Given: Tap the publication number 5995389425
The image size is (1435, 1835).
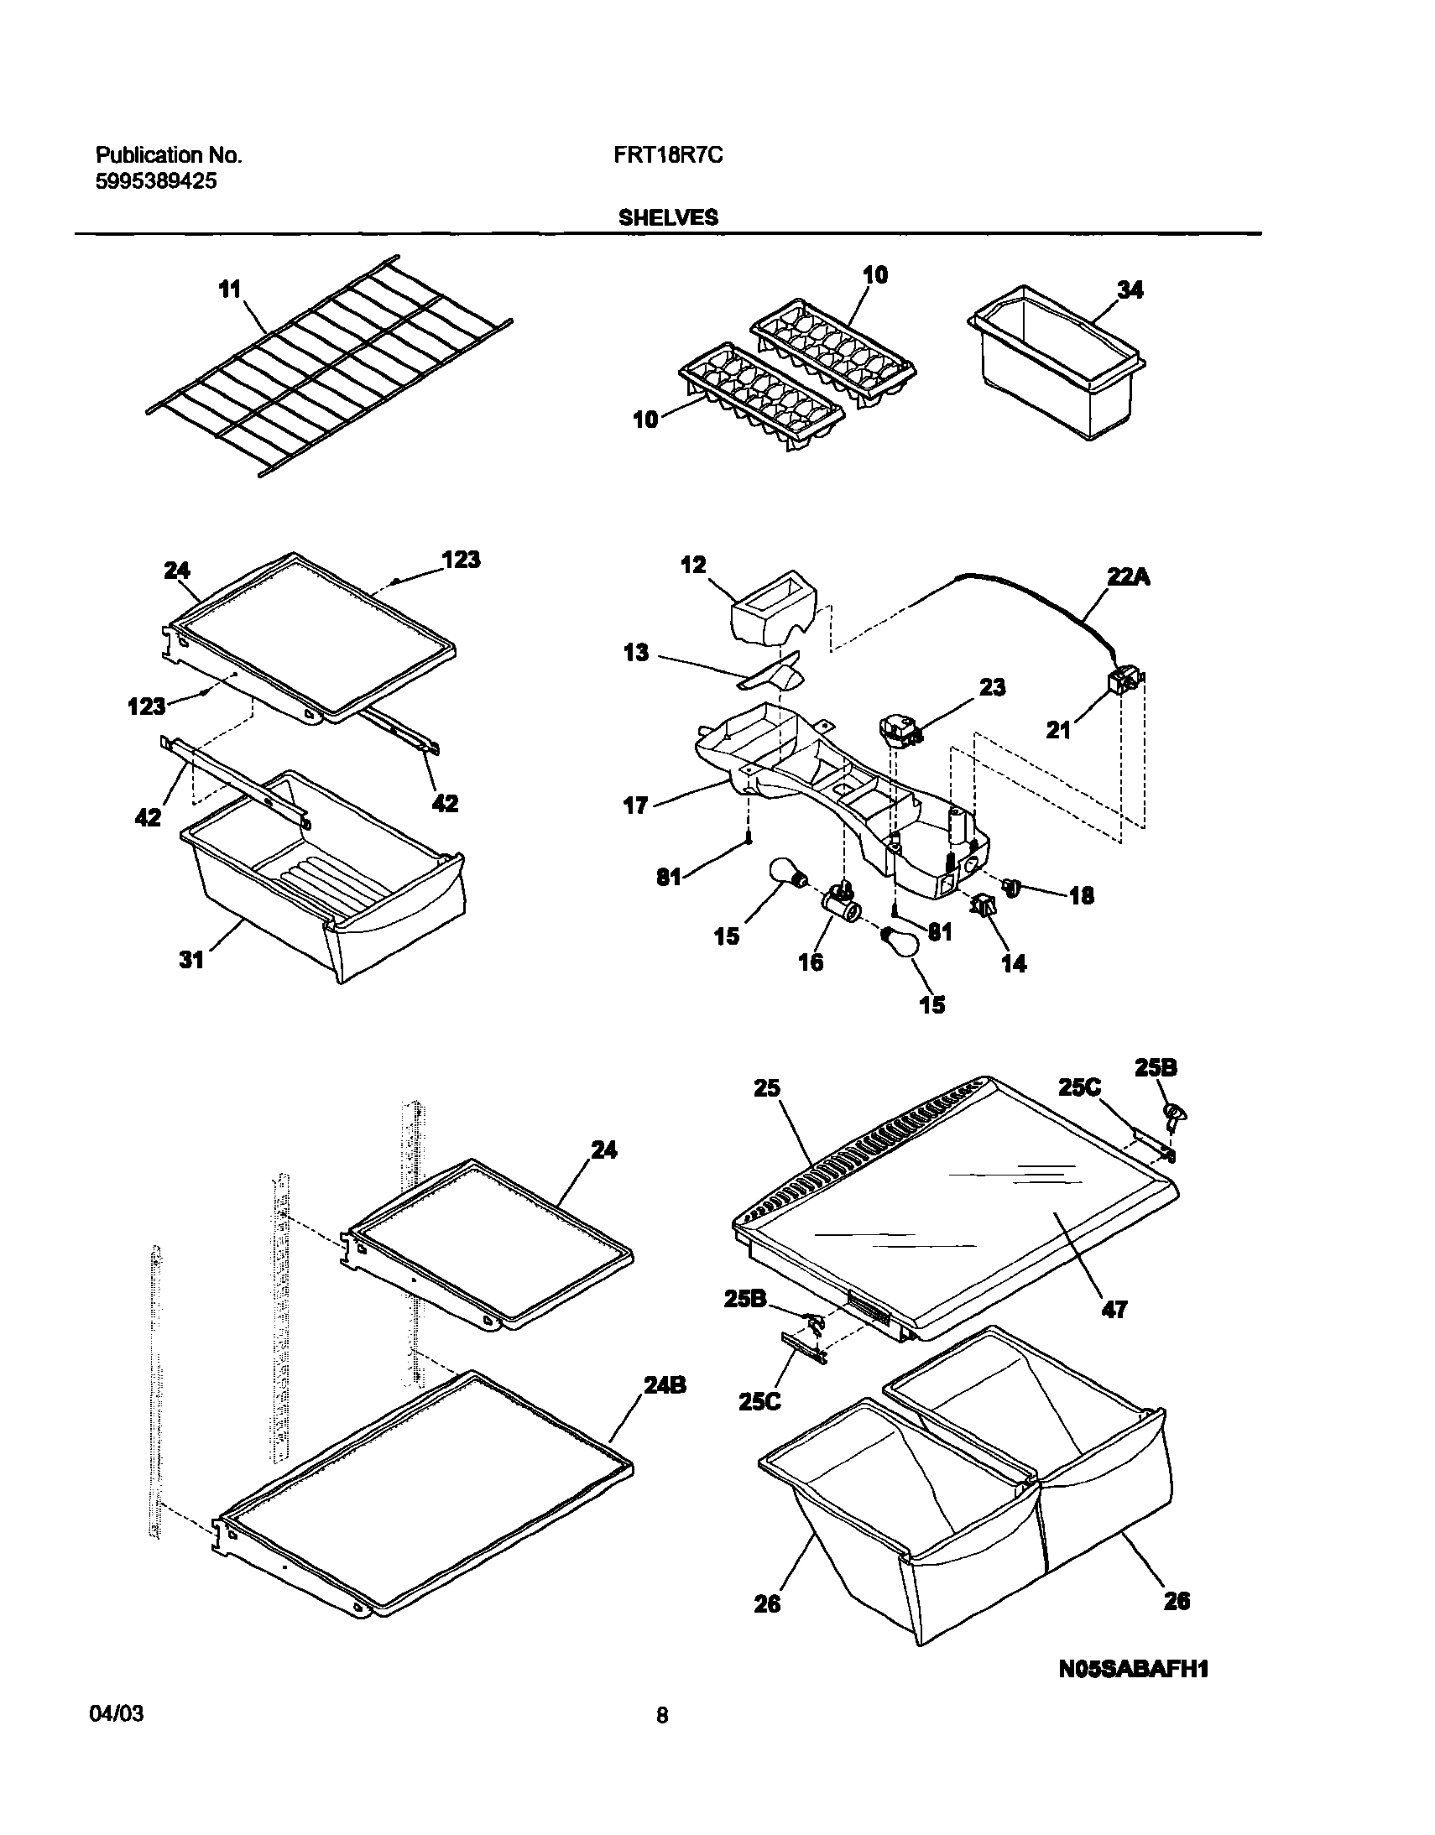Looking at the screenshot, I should coord(155,180).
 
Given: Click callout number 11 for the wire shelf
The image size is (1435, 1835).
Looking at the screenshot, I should coord(229,289).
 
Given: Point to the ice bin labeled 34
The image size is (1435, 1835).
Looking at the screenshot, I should coord(1058,370).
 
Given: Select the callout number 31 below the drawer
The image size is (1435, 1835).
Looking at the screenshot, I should coord(191,960).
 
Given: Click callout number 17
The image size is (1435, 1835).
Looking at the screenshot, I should coord(636,805).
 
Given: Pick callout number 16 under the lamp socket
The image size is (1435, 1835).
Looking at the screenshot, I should coord(811,962).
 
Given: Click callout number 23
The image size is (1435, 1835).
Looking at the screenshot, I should coord(992,687).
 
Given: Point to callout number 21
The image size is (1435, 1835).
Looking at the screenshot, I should coord(1057,731).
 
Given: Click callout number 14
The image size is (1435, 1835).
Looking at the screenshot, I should coord(1014,964).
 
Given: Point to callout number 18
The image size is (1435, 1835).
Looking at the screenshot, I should coord(1082,895).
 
